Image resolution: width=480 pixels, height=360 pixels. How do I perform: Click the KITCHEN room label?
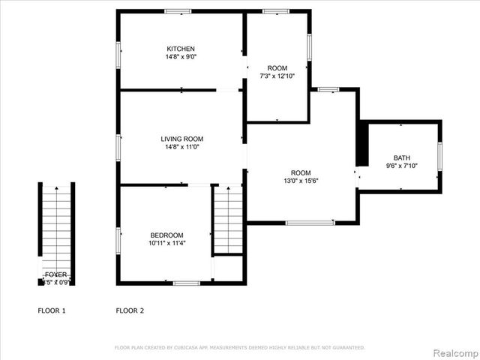(x=181, y=49)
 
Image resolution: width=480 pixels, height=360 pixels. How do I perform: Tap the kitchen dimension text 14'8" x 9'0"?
(x=181, y=57)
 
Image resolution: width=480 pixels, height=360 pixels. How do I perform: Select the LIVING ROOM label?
(x=181, y=139)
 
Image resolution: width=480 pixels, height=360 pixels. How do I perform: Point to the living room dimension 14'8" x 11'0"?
(x=181, y=147)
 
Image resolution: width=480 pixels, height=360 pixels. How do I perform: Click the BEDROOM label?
(x=166, y=235)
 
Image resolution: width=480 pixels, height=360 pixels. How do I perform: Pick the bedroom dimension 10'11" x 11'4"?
(x=166, y=243)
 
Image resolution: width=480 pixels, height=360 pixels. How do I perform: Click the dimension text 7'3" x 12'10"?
(x=277, y=76)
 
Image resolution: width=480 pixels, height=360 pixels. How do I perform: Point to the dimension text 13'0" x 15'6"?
(x=301, y=181)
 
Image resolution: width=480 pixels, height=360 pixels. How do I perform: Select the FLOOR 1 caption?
(x=52, y=310)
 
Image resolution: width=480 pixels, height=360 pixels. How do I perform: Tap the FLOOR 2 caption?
(x=130, y=310)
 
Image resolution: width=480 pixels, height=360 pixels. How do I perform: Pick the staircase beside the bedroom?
(x=228, y=220)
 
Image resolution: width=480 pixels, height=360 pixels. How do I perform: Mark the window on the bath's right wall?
(x=440, y=157)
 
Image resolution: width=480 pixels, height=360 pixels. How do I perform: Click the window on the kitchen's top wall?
(x=178, y=11)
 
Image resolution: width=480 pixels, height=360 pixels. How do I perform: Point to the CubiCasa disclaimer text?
(x=239, y=347)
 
